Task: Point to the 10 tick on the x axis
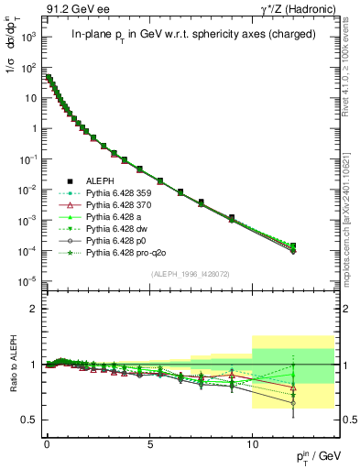click(253, 440)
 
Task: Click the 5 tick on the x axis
click(149, 440)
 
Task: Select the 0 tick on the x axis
click(47, 440)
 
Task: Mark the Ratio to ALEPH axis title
click(11, 366)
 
